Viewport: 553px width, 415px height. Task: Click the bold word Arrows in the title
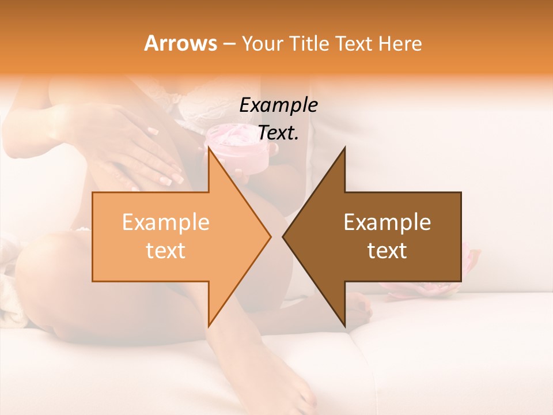[180, 43]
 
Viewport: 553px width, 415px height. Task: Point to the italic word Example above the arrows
[278, 105]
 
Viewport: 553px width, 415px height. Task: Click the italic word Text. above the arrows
[278, 133]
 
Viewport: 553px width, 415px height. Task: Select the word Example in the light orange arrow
[165, 222]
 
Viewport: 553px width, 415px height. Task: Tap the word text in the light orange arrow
[165, 251]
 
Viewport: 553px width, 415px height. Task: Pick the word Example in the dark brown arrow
[387, 222]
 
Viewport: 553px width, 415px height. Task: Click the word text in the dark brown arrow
[387, 251]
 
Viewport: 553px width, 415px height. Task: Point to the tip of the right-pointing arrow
[270, 236]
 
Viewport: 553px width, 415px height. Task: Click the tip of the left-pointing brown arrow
[284, 236]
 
